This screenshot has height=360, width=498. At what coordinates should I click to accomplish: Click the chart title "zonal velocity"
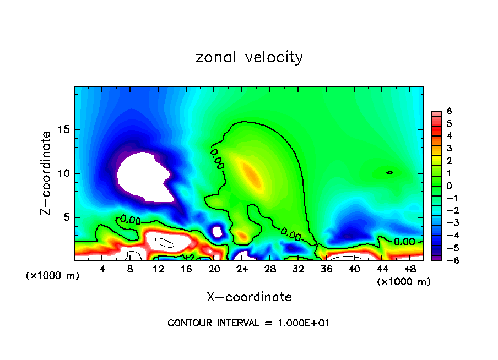pyautogui.click(x=249, y=57)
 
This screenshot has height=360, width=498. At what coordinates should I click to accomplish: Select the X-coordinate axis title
pyautogui.click(x=249, y=297)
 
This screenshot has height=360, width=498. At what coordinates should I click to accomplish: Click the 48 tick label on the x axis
pyautogui.click(x=410, y=269)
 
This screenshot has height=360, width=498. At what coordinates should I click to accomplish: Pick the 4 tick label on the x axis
pyautogui.click(x=102, y=269)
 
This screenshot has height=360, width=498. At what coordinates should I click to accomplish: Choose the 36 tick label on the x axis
pyautogui.click(x=326, y=269)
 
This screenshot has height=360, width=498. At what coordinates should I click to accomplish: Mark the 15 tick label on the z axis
pyautogui.click(x=65, y=130)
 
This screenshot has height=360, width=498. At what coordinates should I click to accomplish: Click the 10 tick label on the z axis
pyautogui.click(x=65, y=173)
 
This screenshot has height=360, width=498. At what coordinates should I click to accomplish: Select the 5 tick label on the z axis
pyautogui.click(x=68, y=217)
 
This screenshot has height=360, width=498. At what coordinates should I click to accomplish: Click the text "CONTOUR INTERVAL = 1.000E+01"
pyautogui.click(x=248, y=323)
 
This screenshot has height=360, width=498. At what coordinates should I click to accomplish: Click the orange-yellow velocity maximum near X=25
pyautogui.click(x=251, y=173)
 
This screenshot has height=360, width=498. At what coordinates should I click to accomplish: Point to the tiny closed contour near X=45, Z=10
pyautogui.click(x=389, y=173)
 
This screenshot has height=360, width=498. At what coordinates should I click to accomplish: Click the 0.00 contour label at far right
pyautogui.click(x=405, y=241)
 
